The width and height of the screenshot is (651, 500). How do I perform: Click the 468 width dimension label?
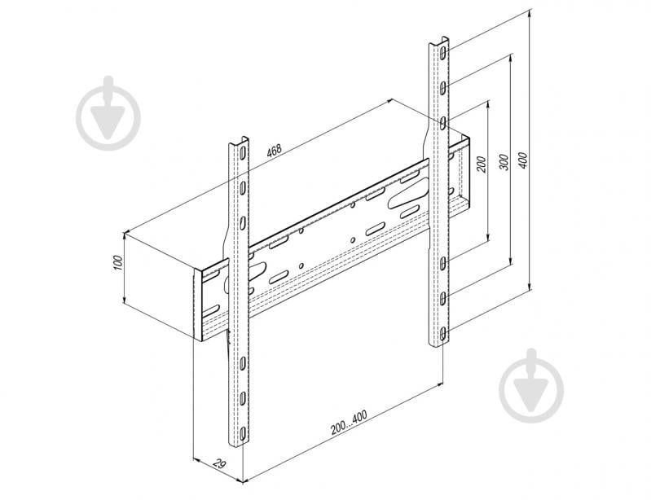click(274, 150)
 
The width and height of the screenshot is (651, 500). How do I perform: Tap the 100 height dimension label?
click(118, 263)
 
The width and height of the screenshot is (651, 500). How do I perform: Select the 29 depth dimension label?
click(219, 463)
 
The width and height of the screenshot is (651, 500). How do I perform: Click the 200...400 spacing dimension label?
click(349, 423)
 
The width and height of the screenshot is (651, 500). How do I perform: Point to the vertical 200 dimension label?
click(482, 164)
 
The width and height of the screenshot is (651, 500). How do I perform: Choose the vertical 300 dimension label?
click(504, 162)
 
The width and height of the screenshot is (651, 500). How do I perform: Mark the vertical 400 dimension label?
click(523, 160)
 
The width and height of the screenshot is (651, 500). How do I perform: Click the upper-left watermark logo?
click(109, 113)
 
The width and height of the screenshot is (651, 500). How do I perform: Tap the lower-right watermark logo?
click(532, 386)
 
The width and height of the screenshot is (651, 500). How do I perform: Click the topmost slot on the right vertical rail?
click(444, 52)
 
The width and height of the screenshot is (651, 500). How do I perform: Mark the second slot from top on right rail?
click(444, 86)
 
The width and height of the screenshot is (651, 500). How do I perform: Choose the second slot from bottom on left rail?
click(242, 398)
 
